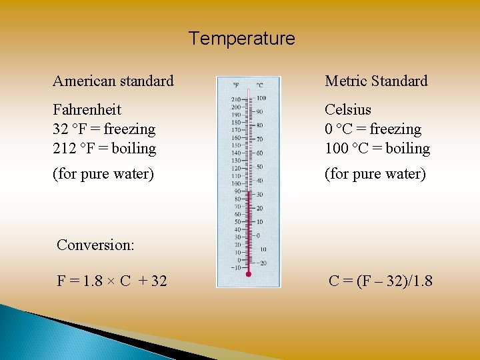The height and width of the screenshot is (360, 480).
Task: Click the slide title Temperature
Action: [x=241, y=39]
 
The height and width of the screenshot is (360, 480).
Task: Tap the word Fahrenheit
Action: [x=87, y=109]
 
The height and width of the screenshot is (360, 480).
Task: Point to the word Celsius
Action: [x=348, y=109]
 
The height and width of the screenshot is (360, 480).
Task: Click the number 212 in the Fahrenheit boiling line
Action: [x=65, y=148]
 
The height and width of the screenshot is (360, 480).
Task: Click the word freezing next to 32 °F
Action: [x=129, y=129]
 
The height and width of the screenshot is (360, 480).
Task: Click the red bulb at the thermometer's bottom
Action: [x=248, y=274]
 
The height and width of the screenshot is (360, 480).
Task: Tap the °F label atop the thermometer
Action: [x=236, y=85]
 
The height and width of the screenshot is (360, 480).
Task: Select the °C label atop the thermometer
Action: [x=259, y=85]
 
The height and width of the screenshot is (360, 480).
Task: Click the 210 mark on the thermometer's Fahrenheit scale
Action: [x=236, y=99]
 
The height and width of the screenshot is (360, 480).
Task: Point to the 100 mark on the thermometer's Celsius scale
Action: [x=261, y=99]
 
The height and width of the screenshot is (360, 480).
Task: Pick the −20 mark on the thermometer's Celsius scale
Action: [x=261, y=263]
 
